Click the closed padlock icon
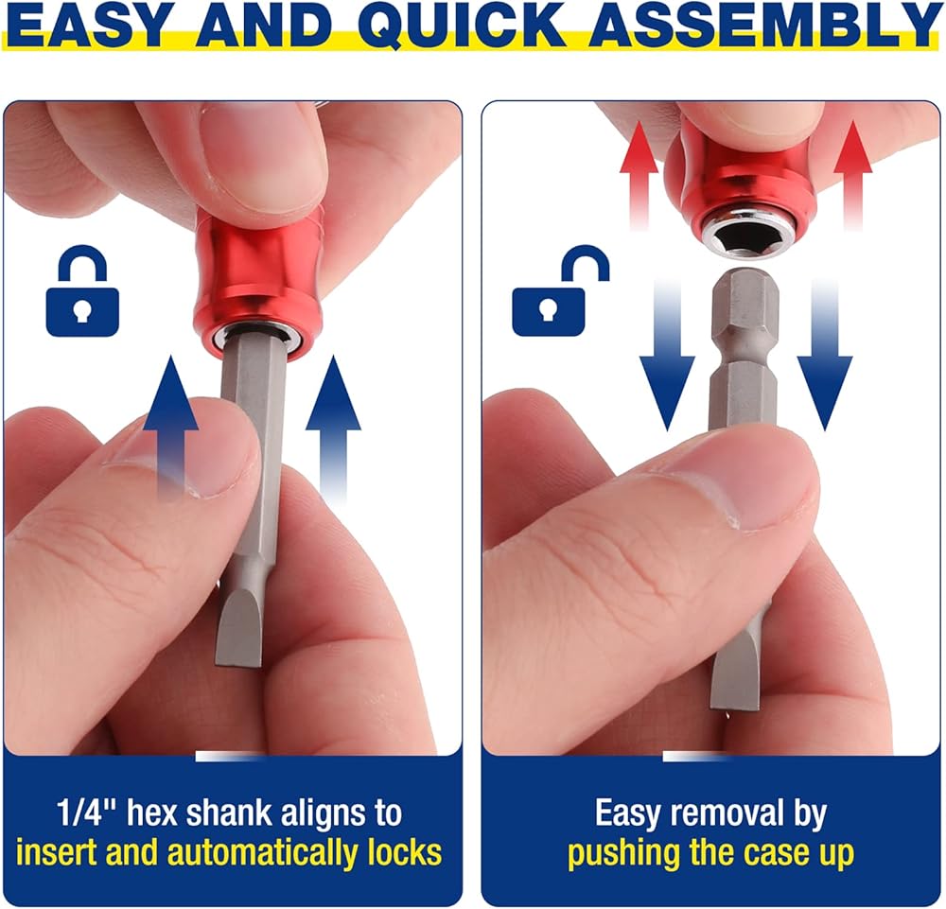[x=82, y=290]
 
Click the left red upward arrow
[x=639, y=174]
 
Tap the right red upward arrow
[x=852, y=174]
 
